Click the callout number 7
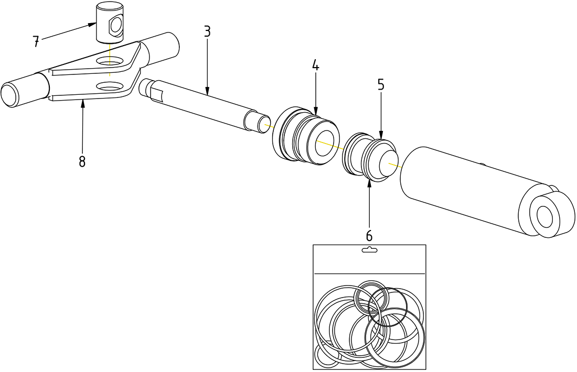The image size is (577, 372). pyautogui.click(x=36, y=42)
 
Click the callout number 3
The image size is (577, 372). pyautogui.click(x=207, y=31)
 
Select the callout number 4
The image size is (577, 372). pyautogui.click(x=315, y=65)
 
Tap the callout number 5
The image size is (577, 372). pyautogui.click(x=381, y=85)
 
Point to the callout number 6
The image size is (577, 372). pyautogui.click(x=369, y=235)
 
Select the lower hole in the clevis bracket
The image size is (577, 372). pyautogui.click(x=109, y=86)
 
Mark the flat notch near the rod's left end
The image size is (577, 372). pyautogui.click(x=156, y=95)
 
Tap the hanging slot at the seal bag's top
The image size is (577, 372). pyautogui.click(x=369, y=250)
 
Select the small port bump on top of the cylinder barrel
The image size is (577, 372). pyautogui.click(x=483, y=165)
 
